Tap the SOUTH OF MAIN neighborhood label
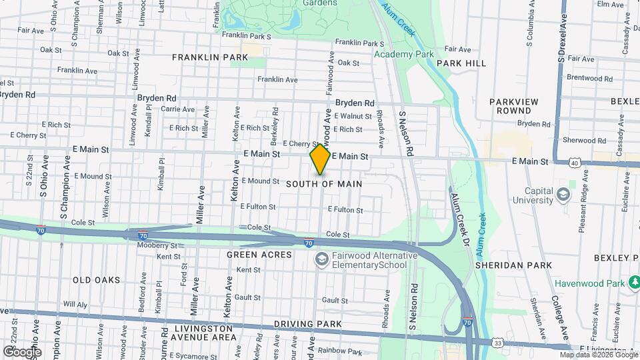324,183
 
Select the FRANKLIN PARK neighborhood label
210,57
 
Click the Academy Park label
404,54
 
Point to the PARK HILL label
461,63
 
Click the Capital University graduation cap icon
563,194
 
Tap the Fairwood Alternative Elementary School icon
321,259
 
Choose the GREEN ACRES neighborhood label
259,255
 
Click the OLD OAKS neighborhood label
97,280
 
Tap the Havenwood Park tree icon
634,283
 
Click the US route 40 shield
575,162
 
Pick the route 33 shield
498,343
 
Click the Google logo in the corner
21,351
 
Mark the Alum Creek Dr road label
459,217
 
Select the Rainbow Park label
339,351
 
